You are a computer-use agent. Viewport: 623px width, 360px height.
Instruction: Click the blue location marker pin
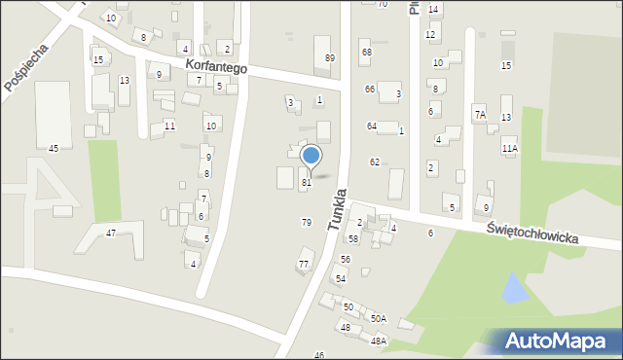[311, 157]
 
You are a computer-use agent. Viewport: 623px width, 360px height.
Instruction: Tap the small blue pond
[513, 287]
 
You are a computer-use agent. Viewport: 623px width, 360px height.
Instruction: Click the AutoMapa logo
[556, 341]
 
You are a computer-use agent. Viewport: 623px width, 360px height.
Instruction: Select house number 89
[330, 58]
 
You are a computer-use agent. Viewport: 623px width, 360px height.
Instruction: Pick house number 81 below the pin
[307, 182]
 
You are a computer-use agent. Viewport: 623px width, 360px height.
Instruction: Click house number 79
[307, 223]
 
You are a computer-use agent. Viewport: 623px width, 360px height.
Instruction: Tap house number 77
[304, 264]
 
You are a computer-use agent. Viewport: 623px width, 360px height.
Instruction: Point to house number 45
[54, 148]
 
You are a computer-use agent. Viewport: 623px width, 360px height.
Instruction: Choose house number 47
[111, 234]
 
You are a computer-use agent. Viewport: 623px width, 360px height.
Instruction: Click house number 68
[366, 53]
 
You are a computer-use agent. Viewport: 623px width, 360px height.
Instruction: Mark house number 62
[375, 162]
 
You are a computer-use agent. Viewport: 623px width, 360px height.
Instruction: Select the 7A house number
[480, 115]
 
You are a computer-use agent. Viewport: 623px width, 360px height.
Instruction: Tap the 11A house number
[510, 149]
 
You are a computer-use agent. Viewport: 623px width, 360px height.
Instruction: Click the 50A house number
[378, 318]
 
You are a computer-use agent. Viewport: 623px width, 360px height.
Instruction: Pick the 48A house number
[379, 341]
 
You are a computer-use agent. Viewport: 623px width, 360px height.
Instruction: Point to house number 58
[353, 238]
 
